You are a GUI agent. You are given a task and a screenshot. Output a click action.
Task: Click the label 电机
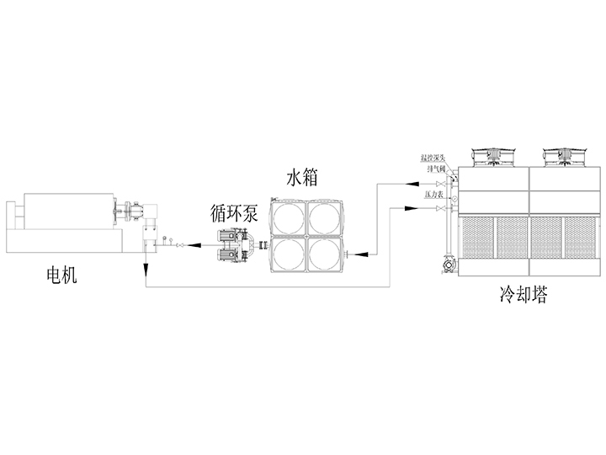point(61,275)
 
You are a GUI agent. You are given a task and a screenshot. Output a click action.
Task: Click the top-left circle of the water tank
point(287,217)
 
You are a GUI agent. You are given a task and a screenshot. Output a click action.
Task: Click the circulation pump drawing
point(235,245)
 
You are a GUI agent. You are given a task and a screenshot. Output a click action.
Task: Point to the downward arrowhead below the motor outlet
point(146,269)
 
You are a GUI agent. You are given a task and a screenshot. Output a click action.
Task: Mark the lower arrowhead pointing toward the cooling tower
point(407,207)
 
